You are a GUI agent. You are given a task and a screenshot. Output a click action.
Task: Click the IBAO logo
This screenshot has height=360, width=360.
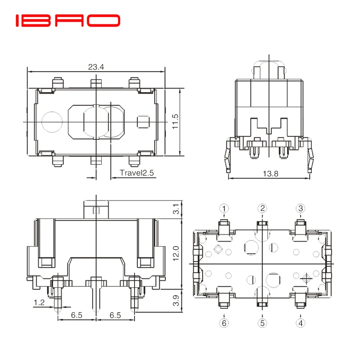tap(68, 21)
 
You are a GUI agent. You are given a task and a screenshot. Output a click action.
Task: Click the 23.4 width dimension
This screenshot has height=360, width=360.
tap(96, 67)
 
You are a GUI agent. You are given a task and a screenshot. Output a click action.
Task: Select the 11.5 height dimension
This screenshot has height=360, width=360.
tap(175, 121)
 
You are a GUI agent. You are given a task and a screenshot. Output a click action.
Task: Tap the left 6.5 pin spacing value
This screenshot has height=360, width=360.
tap(76, 315)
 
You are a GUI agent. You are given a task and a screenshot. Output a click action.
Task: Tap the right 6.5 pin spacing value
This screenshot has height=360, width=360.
tap(115, 315)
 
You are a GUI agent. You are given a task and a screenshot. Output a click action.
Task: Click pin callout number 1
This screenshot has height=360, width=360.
tap(224, 208)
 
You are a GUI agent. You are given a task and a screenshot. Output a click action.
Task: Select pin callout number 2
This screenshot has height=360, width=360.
tap(262, 208)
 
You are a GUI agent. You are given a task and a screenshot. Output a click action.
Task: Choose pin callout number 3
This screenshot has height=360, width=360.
tap(301, 208)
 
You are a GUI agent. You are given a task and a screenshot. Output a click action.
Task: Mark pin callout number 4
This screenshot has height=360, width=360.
tap(301, 323)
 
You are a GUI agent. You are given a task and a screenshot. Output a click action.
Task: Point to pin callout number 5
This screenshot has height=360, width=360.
tap(262, 323)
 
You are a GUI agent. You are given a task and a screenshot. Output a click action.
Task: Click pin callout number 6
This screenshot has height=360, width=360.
tap(224, 323)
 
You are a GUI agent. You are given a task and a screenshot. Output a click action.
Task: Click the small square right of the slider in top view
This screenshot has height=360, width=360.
tap(143, 122)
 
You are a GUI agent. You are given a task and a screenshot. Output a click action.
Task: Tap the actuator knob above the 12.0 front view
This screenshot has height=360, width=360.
tap(96, 210)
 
